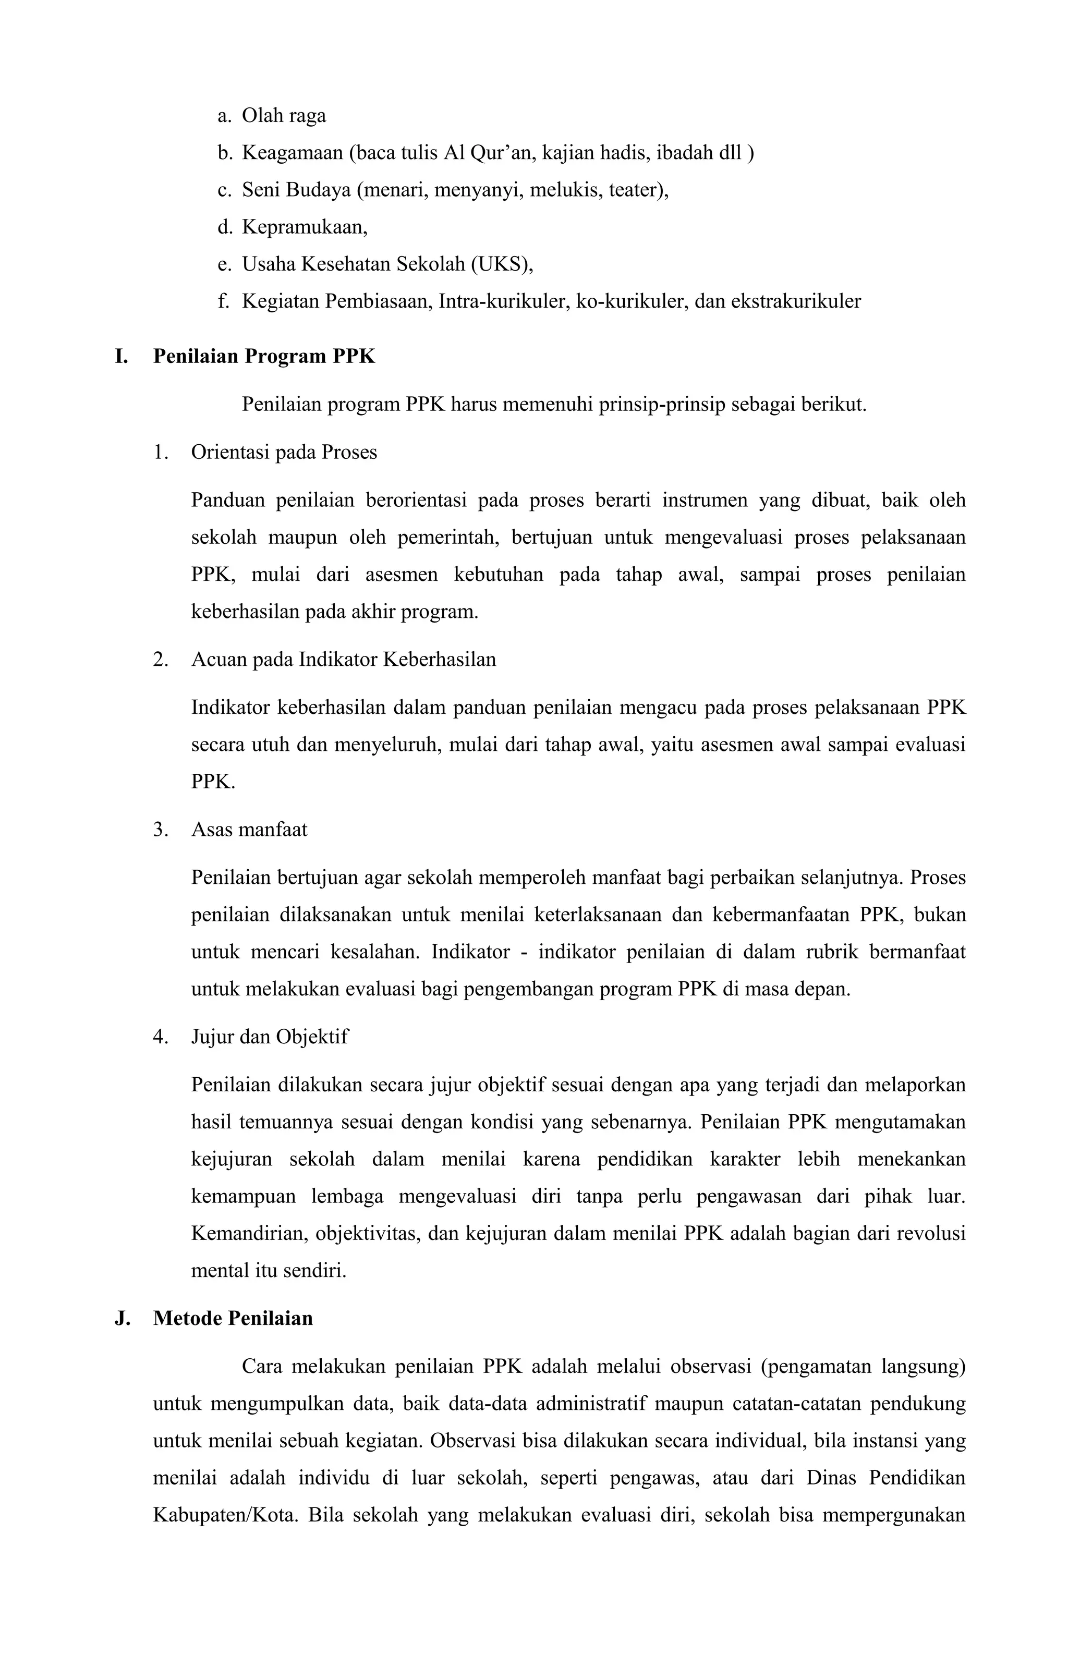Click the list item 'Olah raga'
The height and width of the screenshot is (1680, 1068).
[283, 116]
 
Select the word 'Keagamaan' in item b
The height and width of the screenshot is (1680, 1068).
[292, 153]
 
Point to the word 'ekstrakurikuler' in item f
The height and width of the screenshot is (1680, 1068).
[795, 301]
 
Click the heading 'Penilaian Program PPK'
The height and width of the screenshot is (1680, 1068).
[264, 357]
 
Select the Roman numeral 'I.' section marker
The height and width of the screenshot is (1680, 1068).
[122, 357]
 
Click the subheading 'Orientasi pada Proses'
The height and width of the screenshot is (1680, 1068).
[284, 453]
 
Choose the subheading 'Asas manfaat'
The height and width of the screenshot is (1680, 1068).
[249, 830]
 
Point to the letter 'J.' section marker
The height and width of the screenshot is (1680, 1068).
[122, 1319]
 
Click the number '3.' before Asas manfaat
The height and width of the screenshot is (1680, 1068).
[161, 830]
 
